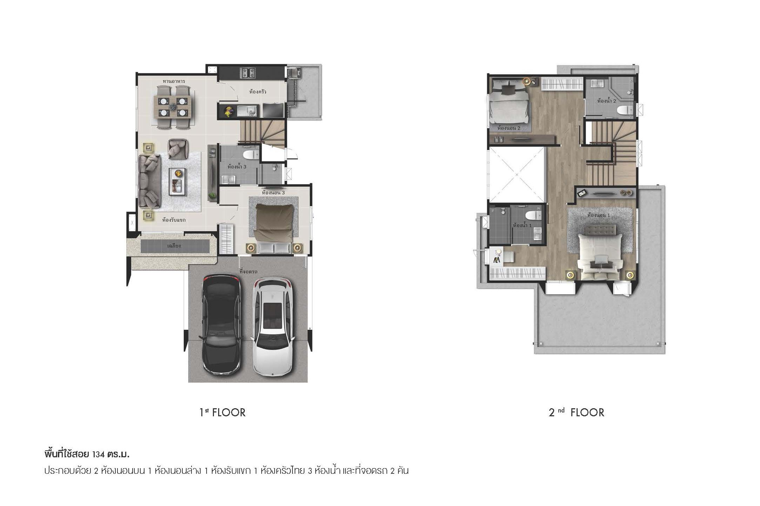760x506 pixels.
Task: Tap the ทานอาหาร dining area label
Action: point(174,81)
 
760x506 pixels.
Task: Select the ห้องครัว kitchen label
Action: point(258,92)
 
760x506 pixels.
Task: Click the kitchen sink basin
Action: point(247,111)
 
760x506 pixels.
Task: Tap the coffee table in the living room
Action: point(179,181)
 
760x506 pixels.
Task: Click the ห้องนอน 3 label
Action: point(273,193)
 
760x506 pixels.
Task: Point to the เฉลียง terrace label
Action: point(174,246)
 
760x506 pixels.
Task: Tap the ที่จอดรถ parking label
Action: point(249,271)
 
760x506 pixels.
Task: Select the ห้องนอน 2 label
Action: point(509,128)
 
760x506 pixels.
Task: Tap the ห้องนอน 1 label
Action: point(598,215)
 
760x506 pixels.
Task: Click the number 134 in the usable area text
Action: point(99,455)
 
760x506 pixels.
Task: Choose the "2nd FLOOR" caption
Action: point(577,412)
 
